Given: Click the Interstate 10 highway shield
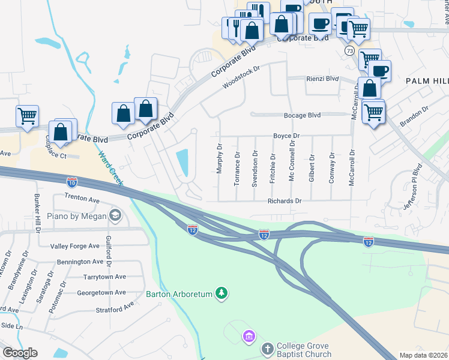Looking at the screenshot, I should [72, 181].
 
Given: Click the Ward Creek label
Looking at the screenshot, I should [109, 168].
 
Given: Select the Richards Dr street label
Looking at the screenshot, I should [285, 202].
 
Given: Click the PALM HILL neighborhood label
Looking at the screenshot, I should [427, 80].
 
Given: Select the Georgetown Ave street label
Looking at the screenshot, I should [101, 293].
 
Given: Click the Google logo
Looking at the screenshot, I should [19, 353].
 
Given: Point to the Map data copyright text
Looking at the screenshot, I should [424, 355].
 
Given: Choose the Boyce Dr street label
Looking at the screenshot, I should [286, 136].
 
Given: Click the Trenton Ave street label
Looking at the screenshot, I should [82, 198].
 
